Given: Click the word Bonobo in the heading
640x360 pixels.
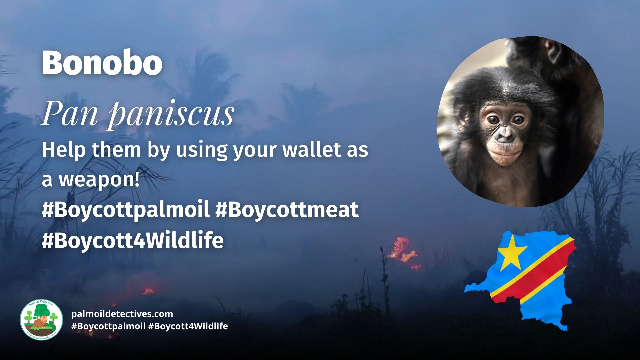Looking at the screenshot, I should pos(102,63).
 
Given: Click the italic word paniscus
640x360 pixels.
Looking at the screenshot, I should pos(172,114).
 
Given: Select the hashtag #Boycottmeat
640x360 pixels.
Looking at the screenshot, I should pos(287,210).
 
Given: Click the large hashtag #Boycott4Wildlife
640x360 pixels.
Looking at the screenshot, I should pos(132,240).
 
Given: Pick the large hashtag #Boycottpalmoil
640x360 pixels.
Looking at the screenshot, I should pos(125,210).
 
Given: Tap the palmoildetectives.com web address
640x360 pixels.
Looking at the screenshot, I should pos(122,314).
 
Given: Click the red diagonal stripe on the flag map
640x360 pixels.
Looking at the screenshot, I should pos(533,273).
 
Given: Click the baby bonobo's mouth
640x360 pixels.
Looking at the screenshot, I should pos(505,154).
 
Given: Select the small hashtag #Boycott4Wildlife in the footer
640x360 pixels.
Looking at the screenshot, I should pos(188,326).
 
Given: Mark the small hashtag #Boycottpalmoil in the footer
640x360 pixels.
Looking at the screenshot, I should pos(108,326).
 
